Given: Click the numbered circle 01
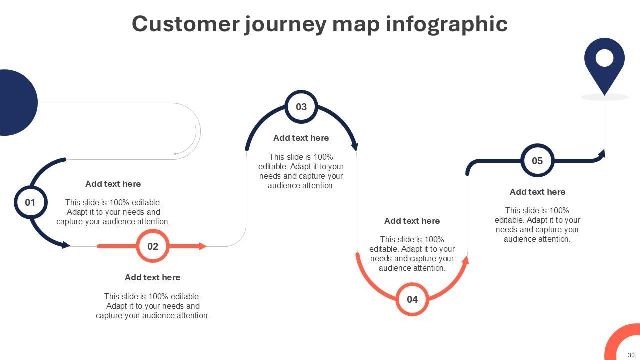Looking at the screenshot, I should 30,202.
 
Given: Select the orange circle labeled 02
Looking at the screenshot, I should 153,246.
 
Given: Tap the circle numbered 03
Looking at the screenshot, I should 301,107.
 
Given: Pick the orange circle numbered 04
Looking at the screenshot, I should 412,299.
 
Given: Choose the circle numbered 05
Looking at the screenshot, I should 537,161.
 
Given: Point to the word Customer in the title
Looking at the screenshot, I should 186,24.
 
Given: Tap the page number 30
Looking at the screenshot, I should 631,355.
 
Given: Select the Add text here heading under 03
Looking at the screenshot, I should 301,138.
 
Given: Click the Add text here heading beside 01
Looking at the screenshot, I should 113,184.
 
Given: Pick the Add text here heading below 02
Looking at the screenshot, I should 152,277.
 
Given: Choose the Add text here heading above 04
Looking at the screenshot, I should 412,221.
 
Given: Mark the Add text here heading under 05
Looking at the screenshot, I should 537,192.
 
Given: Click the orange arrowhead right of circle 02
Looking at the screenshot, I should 202,246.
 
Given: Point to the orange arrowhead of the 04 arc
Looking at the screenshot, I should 465,260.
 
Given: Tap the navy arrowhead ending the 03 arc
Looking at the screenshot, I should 355,146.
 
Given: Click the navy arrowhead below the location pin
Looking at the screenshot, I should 602,154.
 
